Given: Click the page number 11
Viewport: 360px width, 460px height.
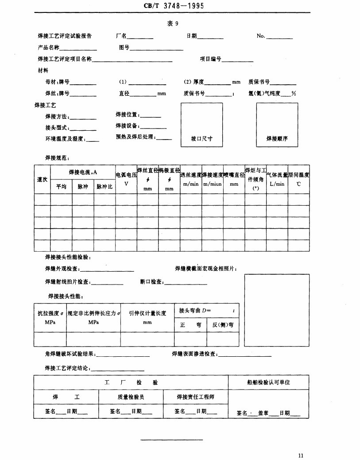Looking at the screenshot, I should (302, 455).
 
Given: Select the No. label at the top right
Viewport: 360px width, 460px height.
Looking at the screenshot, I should (261, 36).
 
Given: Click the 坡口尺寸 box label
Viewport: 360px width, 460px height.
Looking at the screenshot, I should (201, 138).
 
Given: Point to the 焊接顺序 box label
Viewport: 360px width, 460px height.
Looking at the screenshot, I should (277, 138).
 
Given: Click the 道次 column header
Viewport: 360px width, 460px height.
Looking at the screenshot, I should (42, 179).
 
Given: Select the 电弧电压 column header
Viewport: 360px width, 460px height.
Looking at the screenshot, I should (126, 175).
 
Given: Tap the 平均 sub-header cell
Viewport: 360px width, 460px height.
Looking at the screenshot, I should (61, 187).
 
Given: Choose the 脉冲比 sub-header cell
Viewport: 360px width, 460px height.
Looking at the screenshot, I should (105, 187).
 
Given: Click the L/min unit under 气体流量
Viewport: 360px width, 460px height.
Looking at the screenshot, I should (277, 184).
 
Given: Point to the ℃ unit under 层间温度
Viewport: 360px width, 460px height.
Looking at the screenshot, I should (299, 184).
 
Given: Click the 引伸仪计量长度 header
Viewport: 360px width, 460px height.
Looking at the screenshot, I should (147, 313).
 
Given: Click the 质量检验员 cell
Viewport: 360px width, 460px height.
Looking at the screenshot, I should (131, 397).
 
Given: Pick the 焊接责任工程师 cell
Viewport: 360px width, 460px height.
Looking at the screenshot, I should (196, 397).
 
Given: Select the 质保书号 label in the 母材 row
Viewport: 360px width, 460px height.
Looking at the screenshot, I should (259, 82).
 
